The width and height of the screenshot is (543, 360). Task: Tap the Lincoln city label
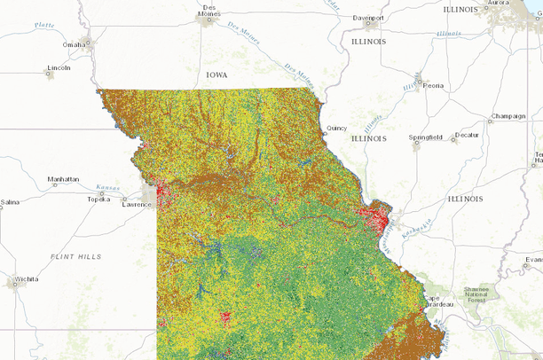[59, 67]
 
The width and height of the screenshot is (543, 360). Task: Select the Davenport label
[366, 18]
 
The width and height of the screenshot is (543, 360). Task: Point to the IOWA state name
[216, 75]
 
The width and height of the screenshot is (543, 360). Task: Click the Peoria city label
[433, 86]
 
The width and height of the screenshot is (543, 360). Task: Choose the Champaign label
[508, 116]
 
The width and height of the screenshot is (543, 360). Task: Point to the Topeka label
[98, 200]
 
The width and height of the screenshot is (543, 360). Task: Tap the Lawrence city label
[138, 205]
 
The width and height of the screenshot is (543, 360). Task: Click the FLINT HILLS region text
[78, 256]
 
